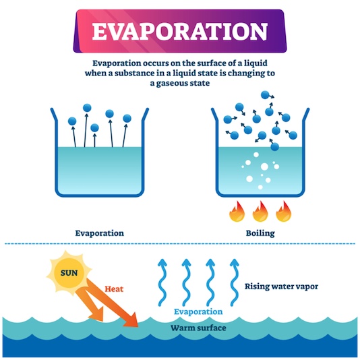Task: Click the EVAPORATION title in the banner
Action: coord(180,32)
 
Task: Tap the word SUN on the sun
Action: coord(69,273)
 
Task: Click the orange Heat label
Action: coord(114,289)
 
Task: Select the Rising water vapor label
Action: coord(281,287)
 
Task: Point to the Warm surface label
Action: coord(198,328)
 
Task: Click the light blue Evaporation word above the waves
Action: coord(198,311)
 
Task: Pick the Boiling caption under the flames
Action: coord(260,233)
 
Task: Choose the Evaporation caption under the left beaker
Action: coord(100,233)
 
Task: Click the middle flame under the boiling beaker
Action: coord(260,212)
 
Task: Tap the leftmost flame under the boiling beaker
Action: coord(237,212)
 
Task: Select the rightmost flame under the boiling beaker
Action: coord(284,212)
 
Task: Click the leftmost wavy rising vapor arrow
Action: coord(162,282)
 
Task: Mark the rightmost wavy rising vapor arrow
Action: coord(234,282)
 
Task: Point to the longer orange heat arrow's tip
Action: coord(138,326)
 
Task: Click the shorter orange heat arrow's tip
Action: coord(102,321)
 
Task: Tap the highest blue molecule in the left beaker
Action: coord(87,108)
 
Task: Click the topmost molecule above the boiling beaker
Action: coord(265,95)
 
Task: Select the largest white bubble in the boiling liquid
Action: coord(264,167)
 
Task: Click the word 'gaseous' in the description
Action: coord(171,83)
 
